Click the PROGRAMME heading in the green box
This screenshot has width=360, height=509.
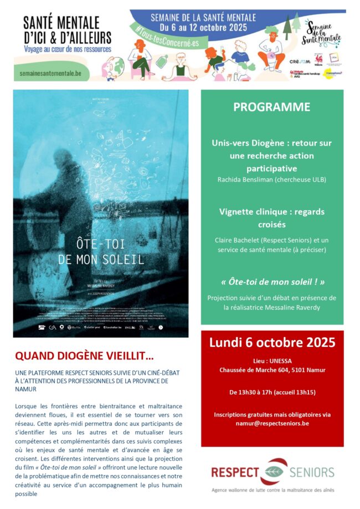click(x=271, y=107)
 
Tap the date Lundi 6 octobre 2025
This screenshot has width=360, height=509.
click(x=272, y=342)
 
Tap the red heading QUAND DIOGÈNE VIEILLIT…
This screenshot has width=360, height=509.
click(x=84, y=355)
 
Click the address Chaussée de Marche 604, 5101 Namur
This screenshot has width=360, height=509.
click(x=271, y=370)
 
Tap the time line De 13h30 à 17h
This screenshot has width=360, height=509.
click(x=271, y=392)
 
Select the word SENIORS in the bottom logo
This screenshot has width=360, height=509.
click(x=312, y=472)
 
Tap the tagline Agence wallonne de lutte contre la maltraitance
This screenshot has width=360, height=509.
click(x=272, y=490)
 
